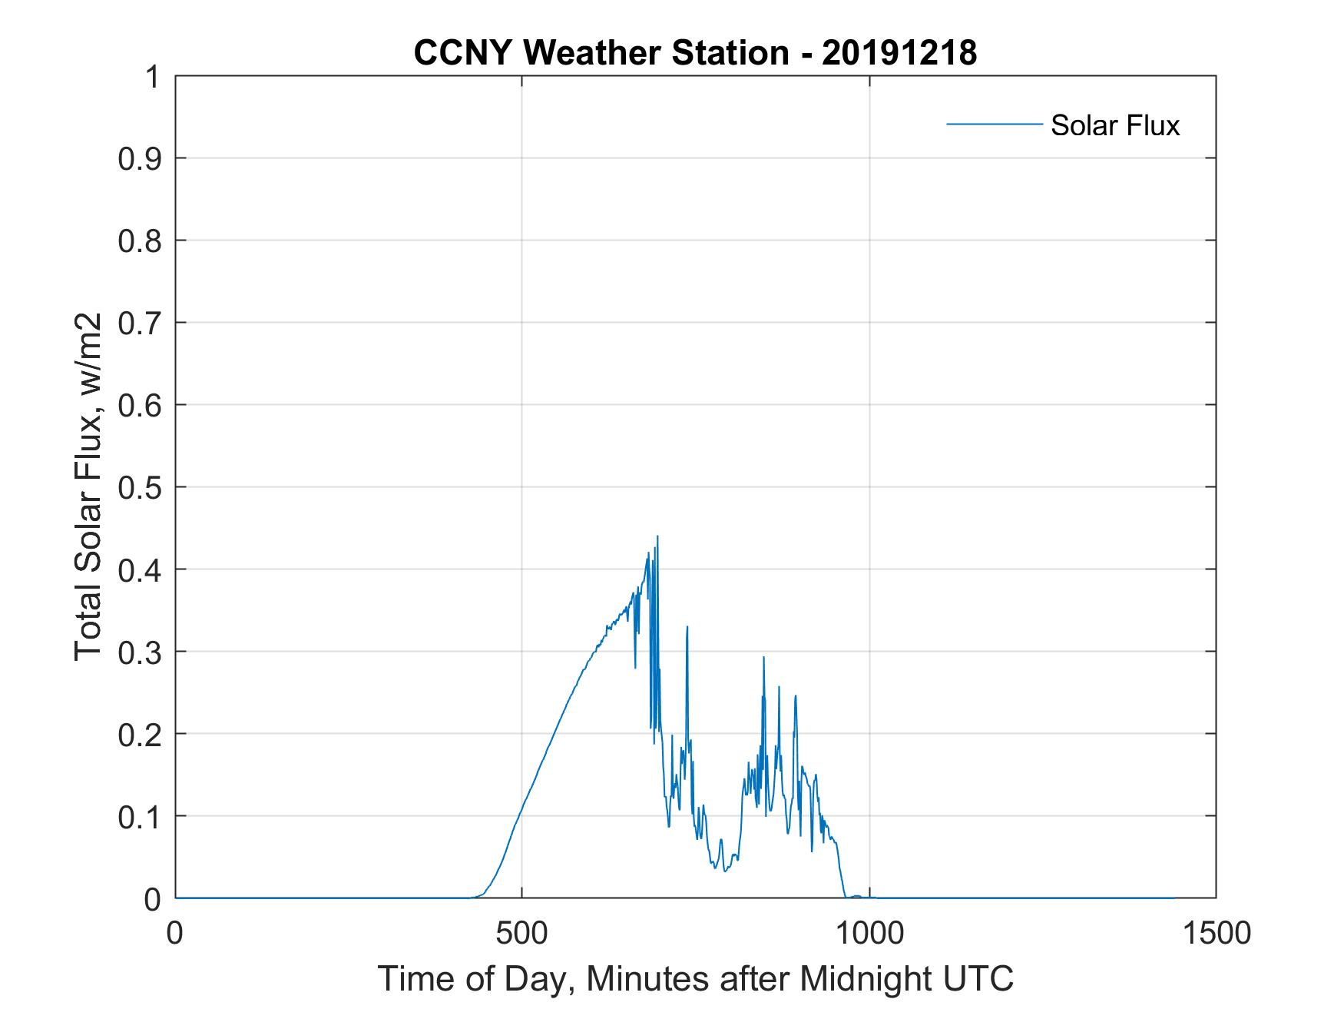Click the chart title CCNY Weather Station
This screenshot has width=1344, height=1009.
[x=601, y=53]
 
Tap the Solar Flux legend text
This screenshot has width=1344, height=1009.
[x=1114, y=125]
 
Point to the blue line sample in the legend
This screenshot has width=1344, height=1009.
[x=994, y=124]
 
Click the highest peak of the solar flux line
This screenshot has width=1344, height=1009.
[x=657, y=536]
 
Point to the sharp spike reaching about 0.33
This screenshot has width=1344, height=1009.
[x=687, y=627]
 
